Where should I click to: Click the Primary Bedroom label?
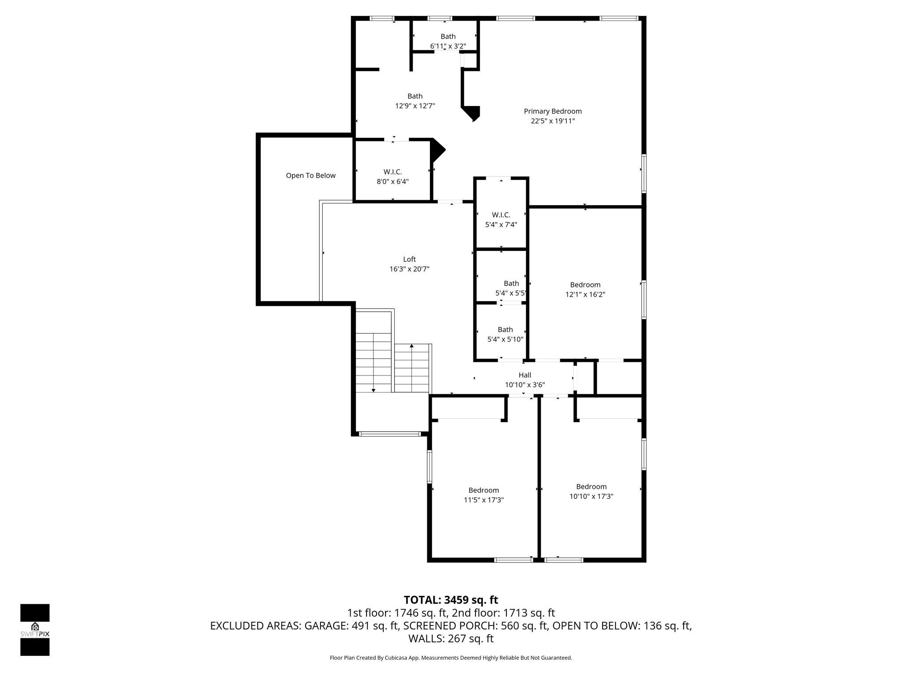(x=552, y=111)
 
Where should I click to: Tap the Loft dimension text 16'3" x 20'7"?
(x=409, y=269)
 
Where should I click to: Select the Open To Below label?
(x=311, y=176)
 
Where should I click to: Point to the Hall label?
(x=525, y=375)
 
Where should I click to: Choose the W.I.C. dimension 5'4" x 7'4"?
(x=501, y=224)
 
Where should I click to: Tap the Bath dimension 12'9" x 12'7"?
(x=415, y=106)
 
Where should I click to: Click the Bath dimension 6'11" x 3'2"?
(x=448, y=46)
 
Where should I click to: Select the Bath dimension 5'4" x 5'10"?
(x=505, y=339)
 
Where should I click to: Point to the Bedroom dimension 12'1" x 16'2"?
(x=585, y=294)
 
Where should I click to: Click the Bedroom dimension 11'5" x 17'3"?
(x=484, y=500)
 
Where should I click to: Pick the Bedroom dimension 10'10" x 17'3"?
(x=591, y=496)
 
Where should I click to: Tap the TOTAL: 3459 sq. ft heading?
(x=451, y=600)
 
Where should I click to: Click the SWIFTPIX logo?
(x=35, y=630)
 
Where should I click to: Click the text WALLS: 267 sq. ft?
(x=451, y=639)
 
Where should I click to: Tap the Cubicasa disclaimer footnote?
(x=451, y=658)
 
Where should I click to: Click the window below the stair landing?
(x=389, y=434)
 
